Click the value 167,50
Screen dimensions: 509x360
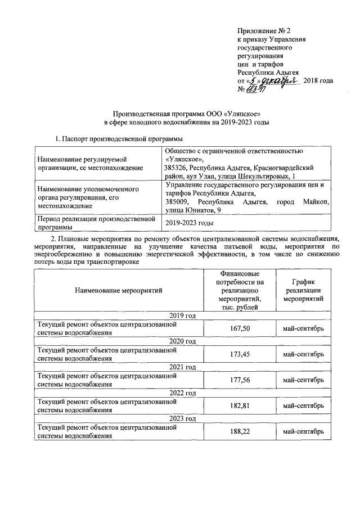click(x=240, y=328)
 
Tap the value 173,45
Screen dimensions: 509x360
click(x=240, y=354)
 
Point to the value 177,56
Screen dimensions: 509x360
click(x=240, y=380)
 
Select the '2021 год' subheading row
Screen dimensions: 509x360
click(x=182, y=367)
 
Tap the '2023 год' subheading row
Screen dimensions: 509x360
click(x=182, y=418)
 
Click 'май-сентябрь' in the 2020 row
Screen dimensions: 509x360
click(x=303, y=354)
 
